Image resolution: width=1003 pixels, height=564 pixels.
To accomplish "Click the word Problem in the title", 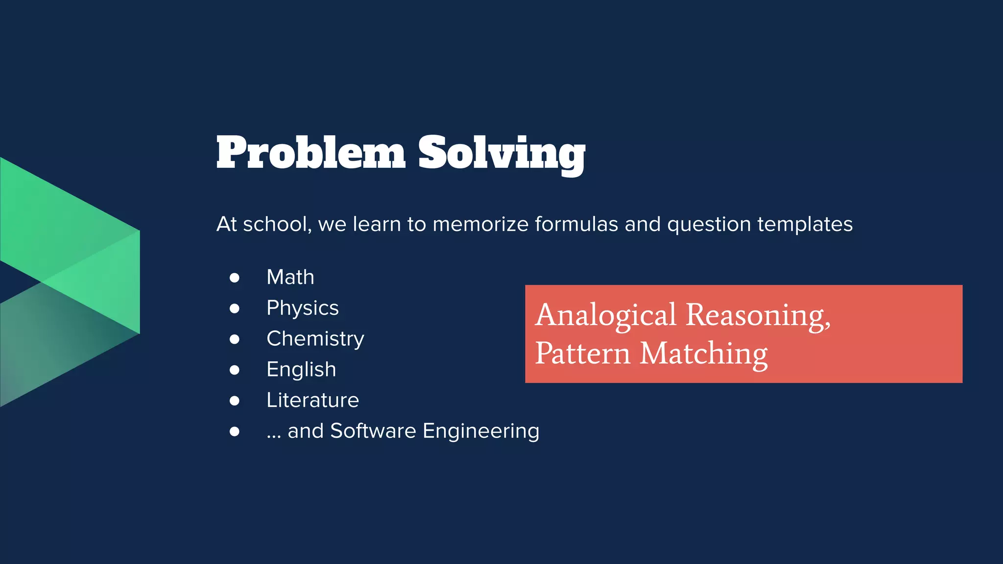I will (x=310, y=153).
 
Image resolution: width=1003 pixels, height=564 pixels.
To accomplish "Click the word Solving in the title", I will (x=501, y=153).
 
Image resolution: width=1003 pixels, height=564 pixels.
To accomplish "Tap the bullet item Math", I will (x=290, y=277).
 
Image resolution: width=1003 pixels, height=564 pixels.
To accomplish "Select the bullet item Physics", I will (x=302, y=308).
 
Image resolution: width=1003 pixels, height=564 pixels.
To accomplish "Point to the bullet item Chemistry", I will (x=315, y=339).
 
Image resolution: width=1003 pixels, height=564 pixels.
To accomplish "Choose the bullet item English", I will (x=301, y=370).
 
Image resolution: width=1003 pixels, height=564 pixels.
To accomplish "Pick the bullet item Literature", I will (x=312, y=400).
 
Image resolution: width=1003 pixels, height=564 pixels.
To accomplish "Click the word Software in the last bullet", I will (x=373, y=431).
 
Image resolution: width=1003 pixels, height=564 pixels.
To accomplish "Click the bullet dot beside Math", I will (x=235, y=278).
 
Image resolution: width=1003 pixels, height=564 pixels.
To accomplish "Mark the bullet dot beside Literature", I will (x=235, y=401).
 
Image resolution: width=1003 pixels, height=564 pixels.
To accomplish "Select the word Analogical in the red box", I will (x=605, y=315).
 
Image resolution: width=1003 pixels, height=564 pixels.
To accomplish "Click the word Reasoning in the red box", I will (x=757, y=315).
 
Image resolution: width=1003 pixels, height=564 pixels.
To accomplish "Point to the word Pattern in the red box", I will (x=582, y=353).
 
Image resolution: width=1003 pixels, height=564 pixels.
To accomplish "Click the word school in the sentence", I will (x=276, y=224).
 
